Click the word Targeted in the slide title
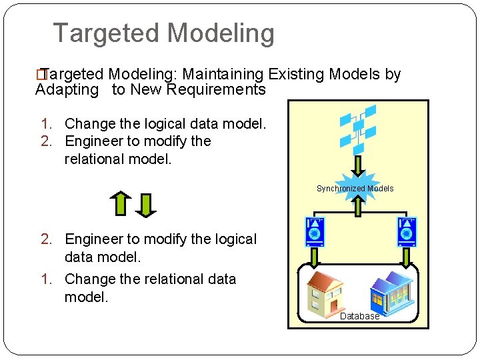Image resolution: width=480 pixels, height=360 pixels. tap(107, 33)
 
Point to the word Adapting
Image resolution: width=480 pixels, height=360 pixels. tap(67, 90)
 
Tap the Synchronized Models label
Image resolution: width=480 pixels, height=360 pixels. tap(355, 189)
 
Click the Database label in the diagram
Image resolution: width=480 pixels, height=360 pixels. tap(359, 316)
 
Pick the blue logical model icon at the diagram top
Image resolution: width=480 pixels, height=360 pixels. tap(358, 128)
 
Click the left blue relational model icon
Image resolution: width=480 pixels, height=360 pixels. tap(314, 231)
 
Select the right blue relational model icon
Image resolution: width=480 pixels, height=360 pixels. tap(407, 231)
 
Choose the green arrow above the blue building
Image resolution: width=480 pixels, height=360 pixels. tap(406, 256)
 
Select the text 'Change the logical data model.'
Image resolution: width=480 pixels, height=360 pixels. tap(165, 124)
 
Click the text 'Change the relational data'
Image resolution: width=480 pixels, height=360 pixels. tap(150, 279)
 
